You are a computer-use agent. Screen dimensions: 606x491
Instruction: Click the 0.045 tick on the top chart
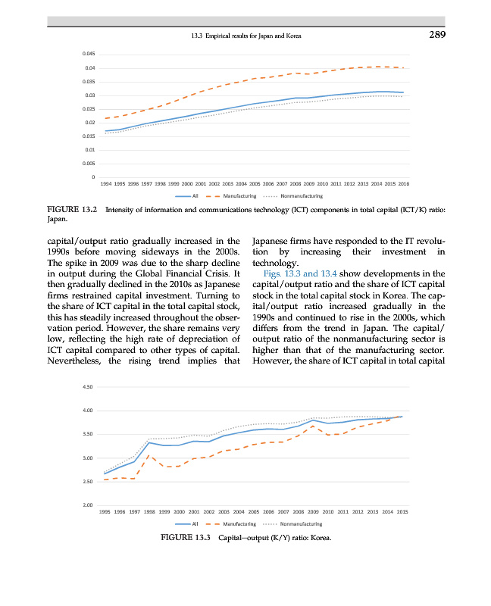(89, 54)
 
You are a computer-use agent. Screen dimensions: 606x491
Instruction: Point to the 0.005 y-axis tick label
(89, 164)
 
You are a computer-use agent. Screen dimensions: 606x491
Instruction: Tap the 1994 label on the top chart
(107, 184)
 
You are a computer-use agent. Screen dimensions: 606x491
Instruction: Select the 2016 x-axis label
(403, 184)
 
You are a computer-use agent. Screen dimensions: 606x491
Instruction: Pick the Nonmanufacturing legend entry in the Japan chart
(301, 196)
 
